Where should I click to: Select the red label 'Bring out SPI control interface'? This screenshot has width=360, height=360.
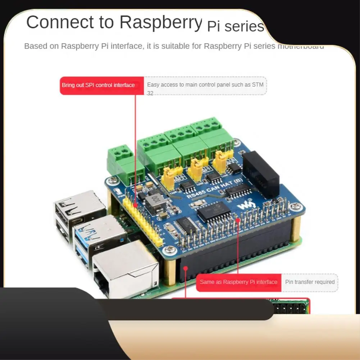98,85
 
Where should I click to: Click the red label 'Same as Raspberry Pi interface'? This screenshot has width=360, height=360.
238,282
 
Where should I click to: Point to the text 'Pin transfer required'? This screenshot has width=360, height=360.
310,282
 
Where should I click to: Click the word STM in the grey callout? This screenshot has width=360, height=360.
256,85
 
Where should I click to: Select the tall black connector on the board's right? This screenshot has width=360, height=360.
261,174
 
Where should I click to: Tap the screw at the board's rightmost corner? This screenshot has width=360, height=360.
296,206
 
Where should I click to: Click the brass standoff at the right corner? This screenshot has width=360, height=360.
296,228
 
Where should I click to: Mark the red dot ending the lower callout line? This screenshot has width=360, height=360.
186,268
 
